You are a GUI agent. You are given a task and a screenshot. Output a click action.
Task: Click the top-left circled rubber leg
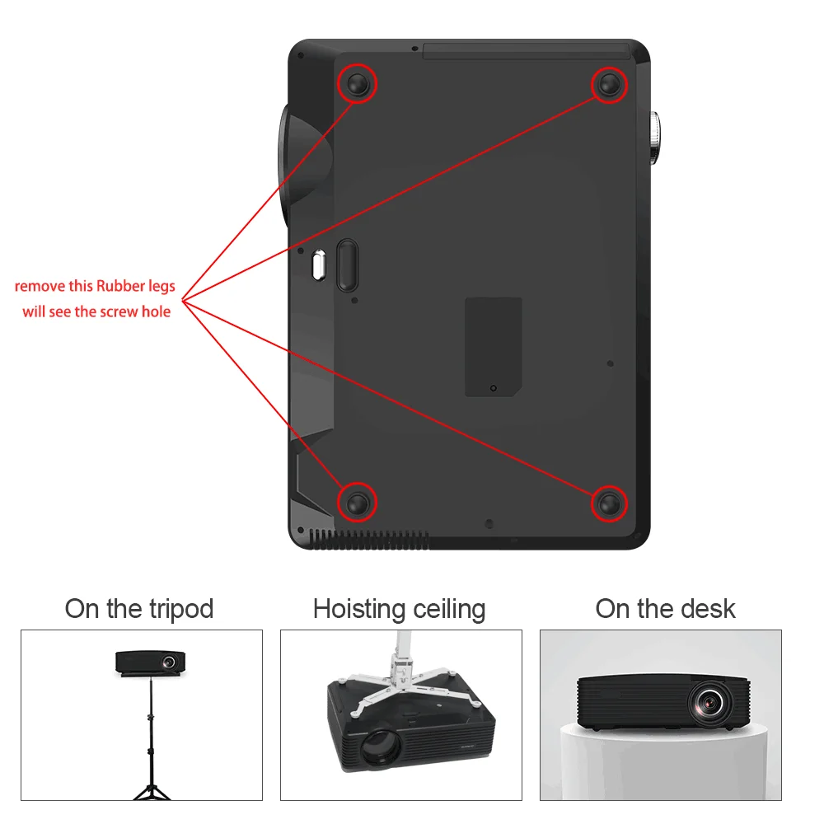point(358,83)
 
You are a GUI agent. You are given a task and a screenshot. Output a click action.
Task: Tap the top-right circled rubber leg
point(609,84)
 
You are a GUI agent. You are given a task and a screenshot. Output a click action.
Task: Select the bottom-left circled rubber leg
point(358,502)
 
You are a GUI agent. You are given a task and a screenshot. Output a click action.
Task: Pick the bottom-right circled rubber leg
point(609,502)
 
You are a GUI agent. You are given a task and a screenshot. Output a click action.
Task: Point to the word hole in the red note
point(156,311)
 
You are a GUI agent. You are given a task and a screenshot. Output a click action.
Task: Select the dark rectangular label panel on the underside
point(493,346)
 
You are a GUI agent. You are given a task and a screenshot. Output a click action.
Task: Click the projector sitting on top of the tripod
point(150,662)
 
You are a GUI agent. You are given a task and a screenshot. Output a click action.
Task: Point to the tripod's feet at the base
point(151,793)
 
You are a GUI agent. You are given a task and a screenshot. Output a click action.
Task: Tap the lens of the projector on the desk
point(708,701)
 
